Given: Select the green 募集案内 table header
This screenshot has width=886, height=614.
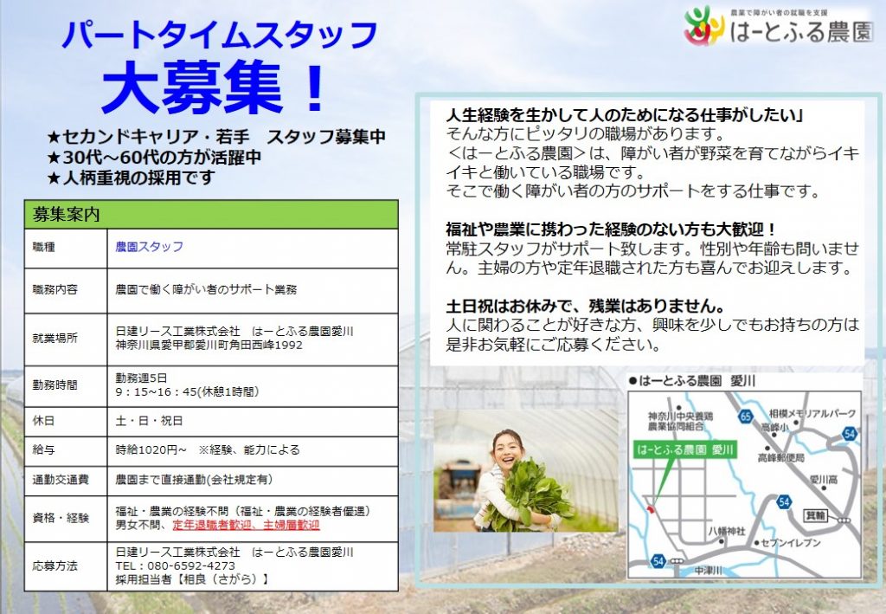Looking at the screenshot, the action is click(211, 214).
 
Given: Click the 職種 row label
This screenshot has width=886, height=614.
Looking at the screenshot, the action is click(43, 247).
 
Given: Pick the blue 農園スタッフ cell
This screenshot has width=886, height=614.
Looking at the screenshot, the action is click(149, 247).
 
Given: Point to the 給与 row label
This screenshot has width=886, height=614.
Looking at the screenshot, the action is click(43, 450).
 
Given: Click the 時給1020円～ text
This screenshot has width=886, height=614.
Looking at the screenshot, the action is click(151, 450).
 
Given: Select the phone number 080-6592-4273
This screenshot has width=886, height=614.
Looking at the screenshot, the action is click(191, 566).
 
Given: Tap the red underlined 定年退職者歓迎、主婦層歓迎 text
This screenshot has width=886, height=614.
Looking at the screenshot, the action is click(246, 526).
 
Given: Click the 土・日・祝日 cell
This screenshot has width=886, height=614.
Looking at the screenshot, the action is click(149, 421).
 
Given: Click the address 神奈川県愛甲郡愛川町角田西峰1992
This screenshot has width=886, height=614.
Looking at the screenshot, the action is click(209, 345).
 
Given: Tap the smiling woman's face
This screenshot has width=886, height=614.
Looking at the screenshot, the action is click(507, 449).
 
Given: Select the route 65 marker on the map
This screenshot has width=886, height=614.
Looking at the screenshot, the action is click(745, 417).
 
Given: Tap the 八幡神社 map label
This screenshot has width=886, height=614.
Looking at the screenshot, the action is click(727, 532).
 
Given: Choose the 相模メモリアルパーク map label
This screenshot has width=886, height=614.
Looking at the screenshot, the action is click(812, 414).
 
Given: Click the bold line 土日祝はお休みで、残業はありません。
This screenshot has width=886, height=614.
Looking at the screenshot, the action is click(586, 306).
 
